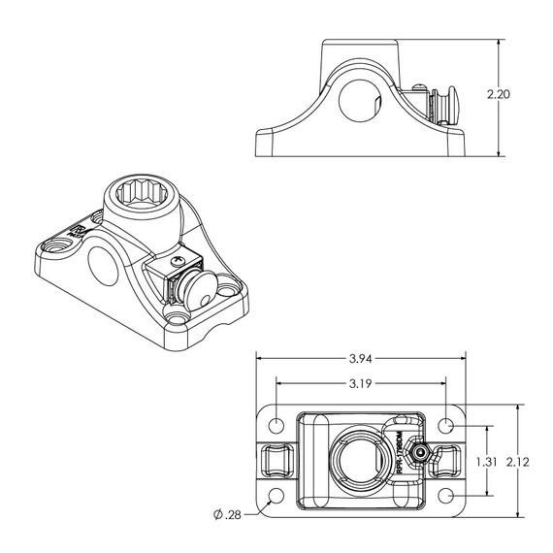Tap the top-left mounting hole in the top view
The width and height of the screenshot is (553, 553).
[x=277, y=426]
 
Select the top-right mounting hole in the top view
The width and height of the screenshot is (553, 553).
[x=446, y=426]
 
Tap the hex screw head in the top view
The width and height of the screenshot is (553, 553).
[x=420, y=454]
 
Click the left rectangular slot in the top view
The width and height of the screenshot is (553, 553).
[x=278, y=460]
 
